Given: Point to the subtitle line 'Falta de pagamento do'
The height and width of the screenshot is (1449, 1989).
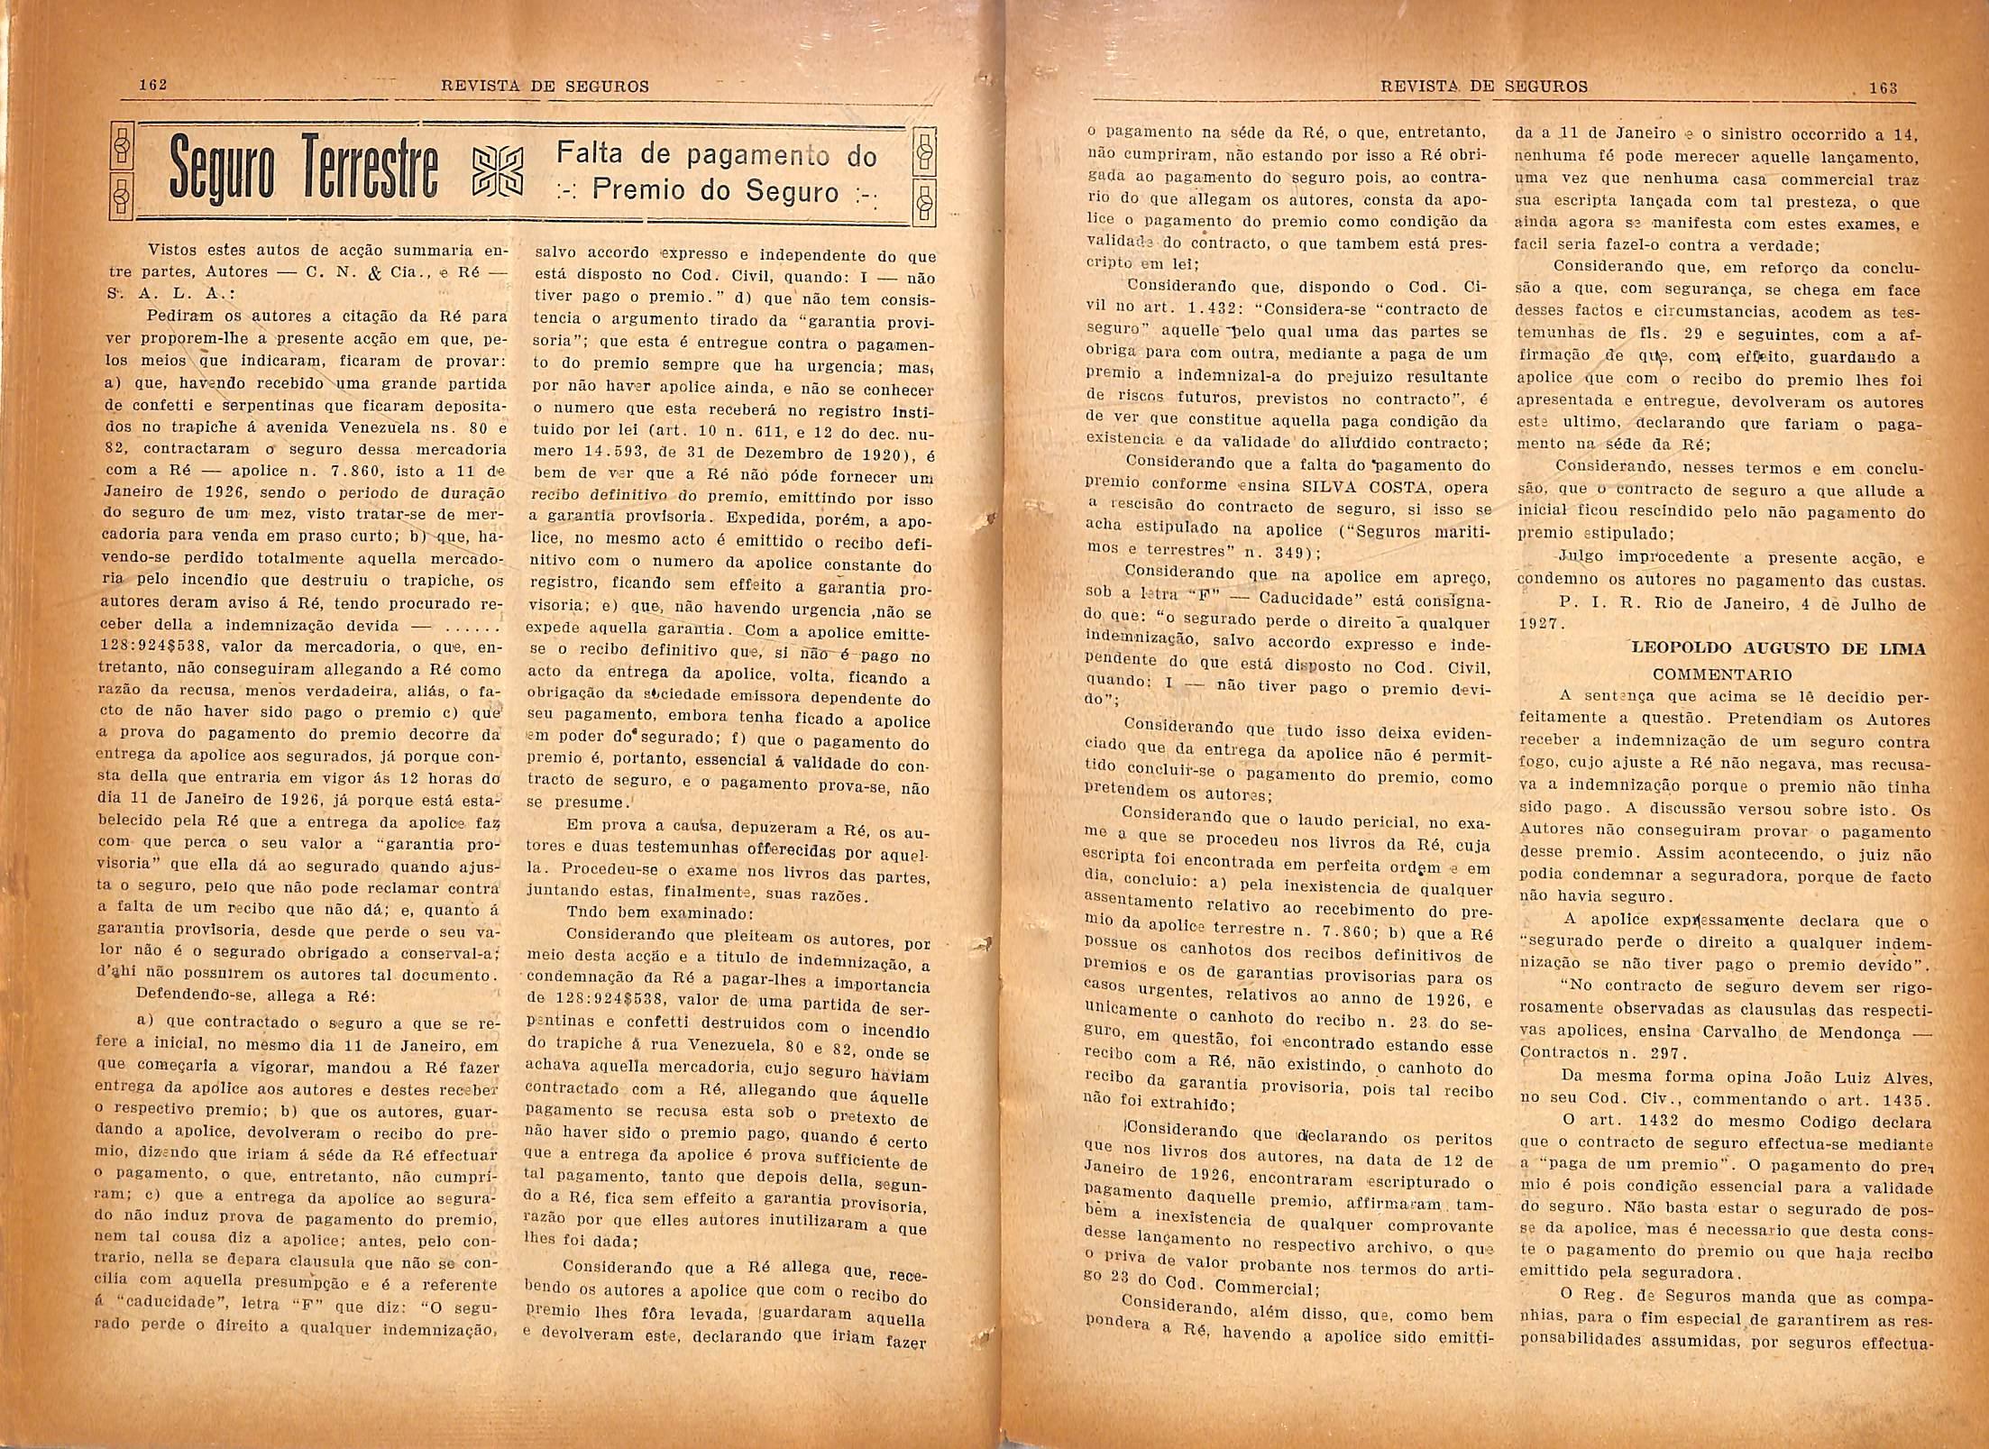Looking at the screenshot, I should click(x=716, y=155).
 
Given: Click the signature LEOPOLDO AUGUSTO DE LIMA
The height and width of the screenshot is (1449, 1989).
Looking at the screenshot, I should click(x=1779, y=648).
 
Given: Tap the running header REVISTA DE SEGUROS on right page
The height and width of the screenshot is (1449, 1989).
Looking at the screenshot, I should click(x=1484, y=87).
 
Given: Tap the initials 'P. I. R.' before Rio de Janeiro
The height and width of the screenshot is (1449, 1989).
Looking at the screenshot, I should click(x=1593, y=605).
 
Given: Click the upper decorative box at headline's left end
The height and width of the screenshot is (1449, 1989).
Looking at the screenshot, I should click(x=123, y=146).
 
